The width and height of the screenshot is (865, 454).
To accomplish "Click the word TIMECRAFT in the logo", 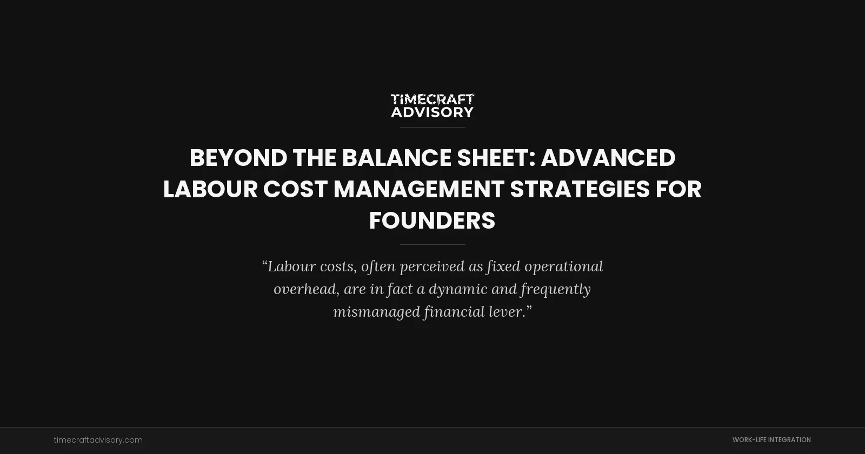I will tap(432, 99).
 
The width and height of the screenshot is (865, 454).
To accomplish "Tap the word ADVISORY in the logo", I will tap(432, 112).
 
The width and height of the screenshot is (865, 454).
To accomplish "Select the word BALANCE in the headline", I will tap(396, 158).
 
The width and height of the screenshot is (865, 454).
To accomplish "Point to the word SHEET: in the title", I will tap(496, 158).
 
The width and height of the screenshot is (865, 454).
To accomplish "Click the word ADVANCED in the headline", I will tap(608, 158).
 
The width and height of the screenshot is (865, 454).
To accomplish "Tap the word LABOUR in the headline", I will tap(210, 190).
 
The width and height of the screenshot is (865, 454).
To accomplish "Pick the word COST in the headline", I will tap(295, 190).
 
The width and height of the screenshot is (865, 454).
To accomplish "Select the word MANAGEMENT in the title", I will tap(419, 190).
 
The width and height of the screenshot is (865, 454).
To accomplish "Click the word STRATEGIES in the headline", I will tap(580, 190).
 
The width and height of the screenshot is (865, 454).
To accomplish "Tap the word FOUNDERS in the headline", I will tap(432, 221).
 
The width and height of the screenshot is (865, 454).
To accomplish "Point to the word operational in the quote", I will tap(563, 266).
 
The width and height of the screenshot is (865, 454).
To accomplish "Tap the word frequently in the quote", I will tap(555, 289).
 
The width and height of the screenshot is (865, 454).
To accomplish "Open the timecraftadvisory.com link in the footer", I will tap(98, 440).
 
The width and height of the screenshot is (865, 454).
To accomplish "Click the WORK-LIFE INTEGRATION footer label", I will tap(771, 440).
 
